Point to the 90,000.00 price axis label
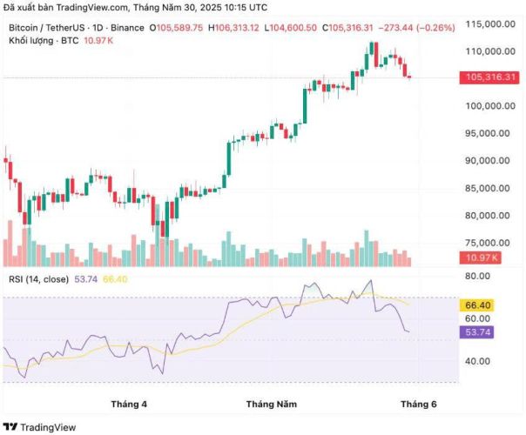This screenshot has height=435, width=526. pos(487,161)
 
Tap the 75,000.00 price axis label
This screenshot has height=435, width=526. pos(487,243)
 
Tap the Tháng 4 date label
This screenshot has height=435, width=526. pos(129,405)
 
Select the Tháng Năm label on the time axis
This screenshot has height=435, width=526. pos(271,405)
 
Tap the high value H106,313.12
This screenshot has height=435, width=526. pos(234,29)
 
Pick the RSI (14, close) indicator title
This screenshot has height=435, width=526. pos(37,279)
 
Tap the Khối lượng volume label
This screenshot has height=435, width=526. pos(30,41)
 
